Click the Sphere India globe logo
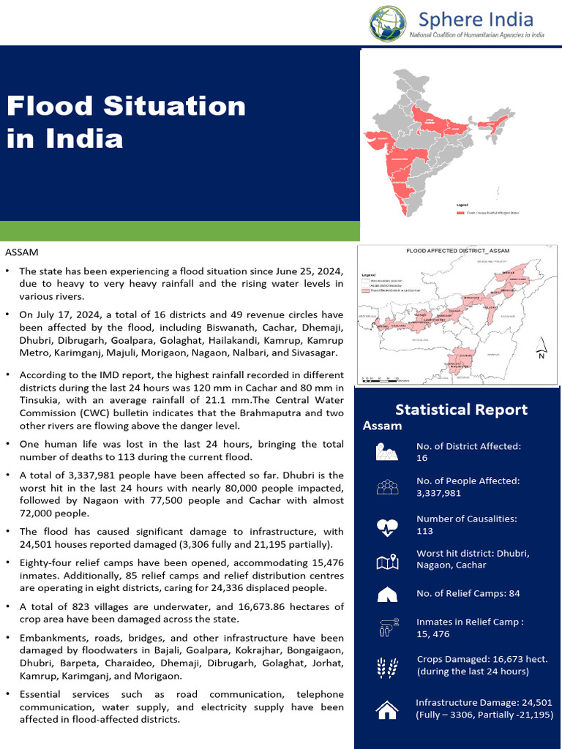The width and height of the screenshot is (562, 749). coord(386,23)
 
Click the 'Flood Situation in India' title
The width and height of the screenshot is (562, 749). coord(126,121)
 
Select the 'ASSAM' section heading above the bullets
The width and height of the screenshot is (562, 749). coord(22,252)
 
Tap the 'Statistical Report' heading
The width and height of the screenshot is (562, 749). coord(461,409)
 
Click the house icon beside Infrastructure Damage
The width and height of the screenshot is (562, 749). coord(386,708)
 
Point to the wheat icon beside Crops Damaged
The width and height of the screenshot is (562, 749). coord(386,665)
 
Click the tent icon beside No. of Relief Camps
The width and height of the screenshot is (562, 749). coord(386,594)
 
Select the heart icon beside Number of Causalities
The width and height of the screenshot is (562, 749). coord(386,525)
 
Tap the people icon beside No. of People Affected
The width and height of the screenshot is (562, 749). coord(386,487)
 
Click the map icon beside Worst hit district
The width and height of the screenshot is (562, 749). coord(386,561)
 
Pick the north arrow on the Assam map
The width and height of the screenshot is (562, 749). coord(541,347)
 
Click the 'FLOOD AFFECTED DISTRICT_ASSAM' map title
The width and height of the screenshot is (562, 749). coord(457,251)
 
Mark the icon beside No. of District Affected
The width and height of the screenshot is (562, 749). coord(386,452)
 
